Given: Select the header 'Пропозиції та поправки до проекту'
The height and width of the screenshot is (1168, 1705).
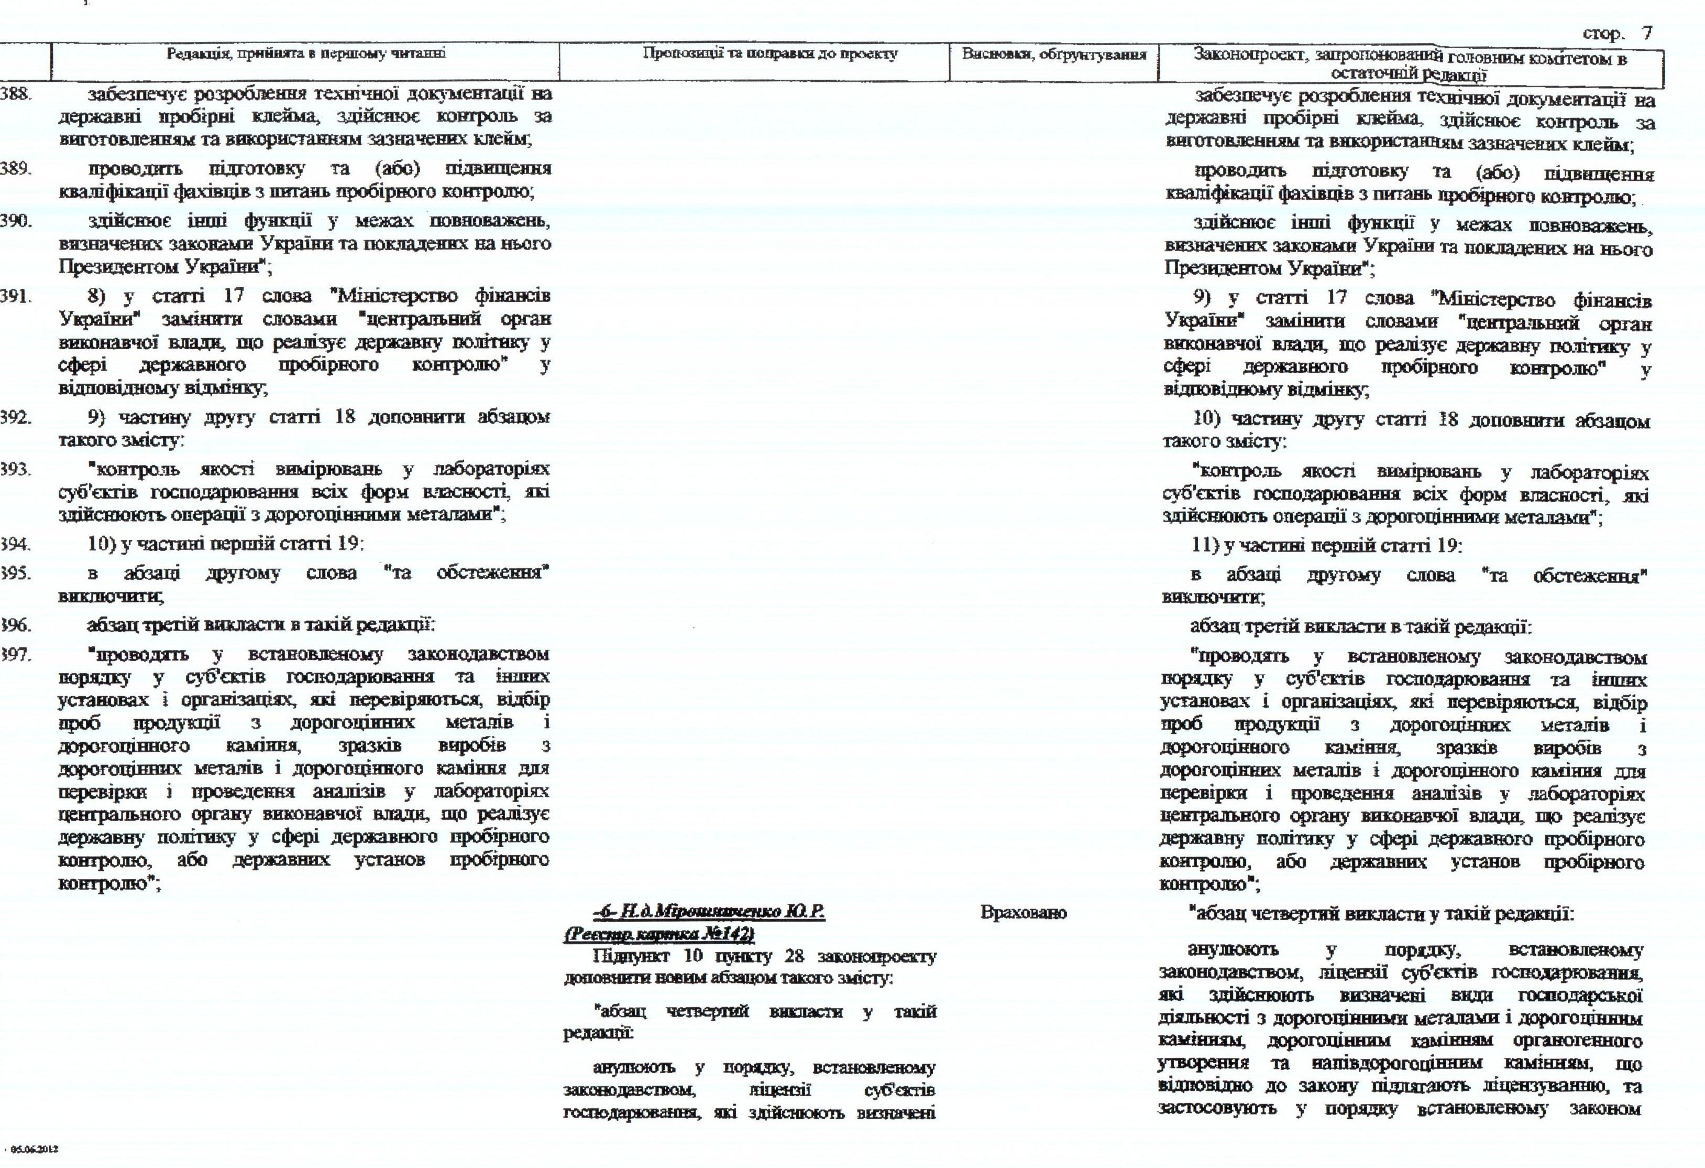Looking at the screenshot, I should coord(771,53).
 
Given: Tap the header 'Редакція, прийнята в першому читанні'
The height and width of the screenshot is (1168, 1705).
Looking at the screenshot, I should coord(306,53).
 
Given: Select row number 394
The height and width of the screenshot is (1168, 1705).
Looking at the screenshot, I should coord(15,545).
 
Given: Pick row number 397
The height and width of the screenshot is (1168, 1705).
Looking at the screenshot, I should coord(15,653).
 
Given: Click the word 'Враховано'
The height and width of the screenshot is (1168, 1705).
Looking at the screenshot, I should coord(1024,913).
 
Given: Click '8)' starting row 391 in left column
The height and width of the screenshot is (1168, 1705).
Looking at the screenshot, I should coord(98,297).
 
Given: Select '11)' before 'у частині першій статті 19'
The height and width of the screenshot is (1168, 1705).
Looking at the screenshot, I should coord(1205,546).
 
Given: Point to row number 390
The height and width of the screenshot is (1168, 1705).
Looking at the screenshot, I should coord(15,220).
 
